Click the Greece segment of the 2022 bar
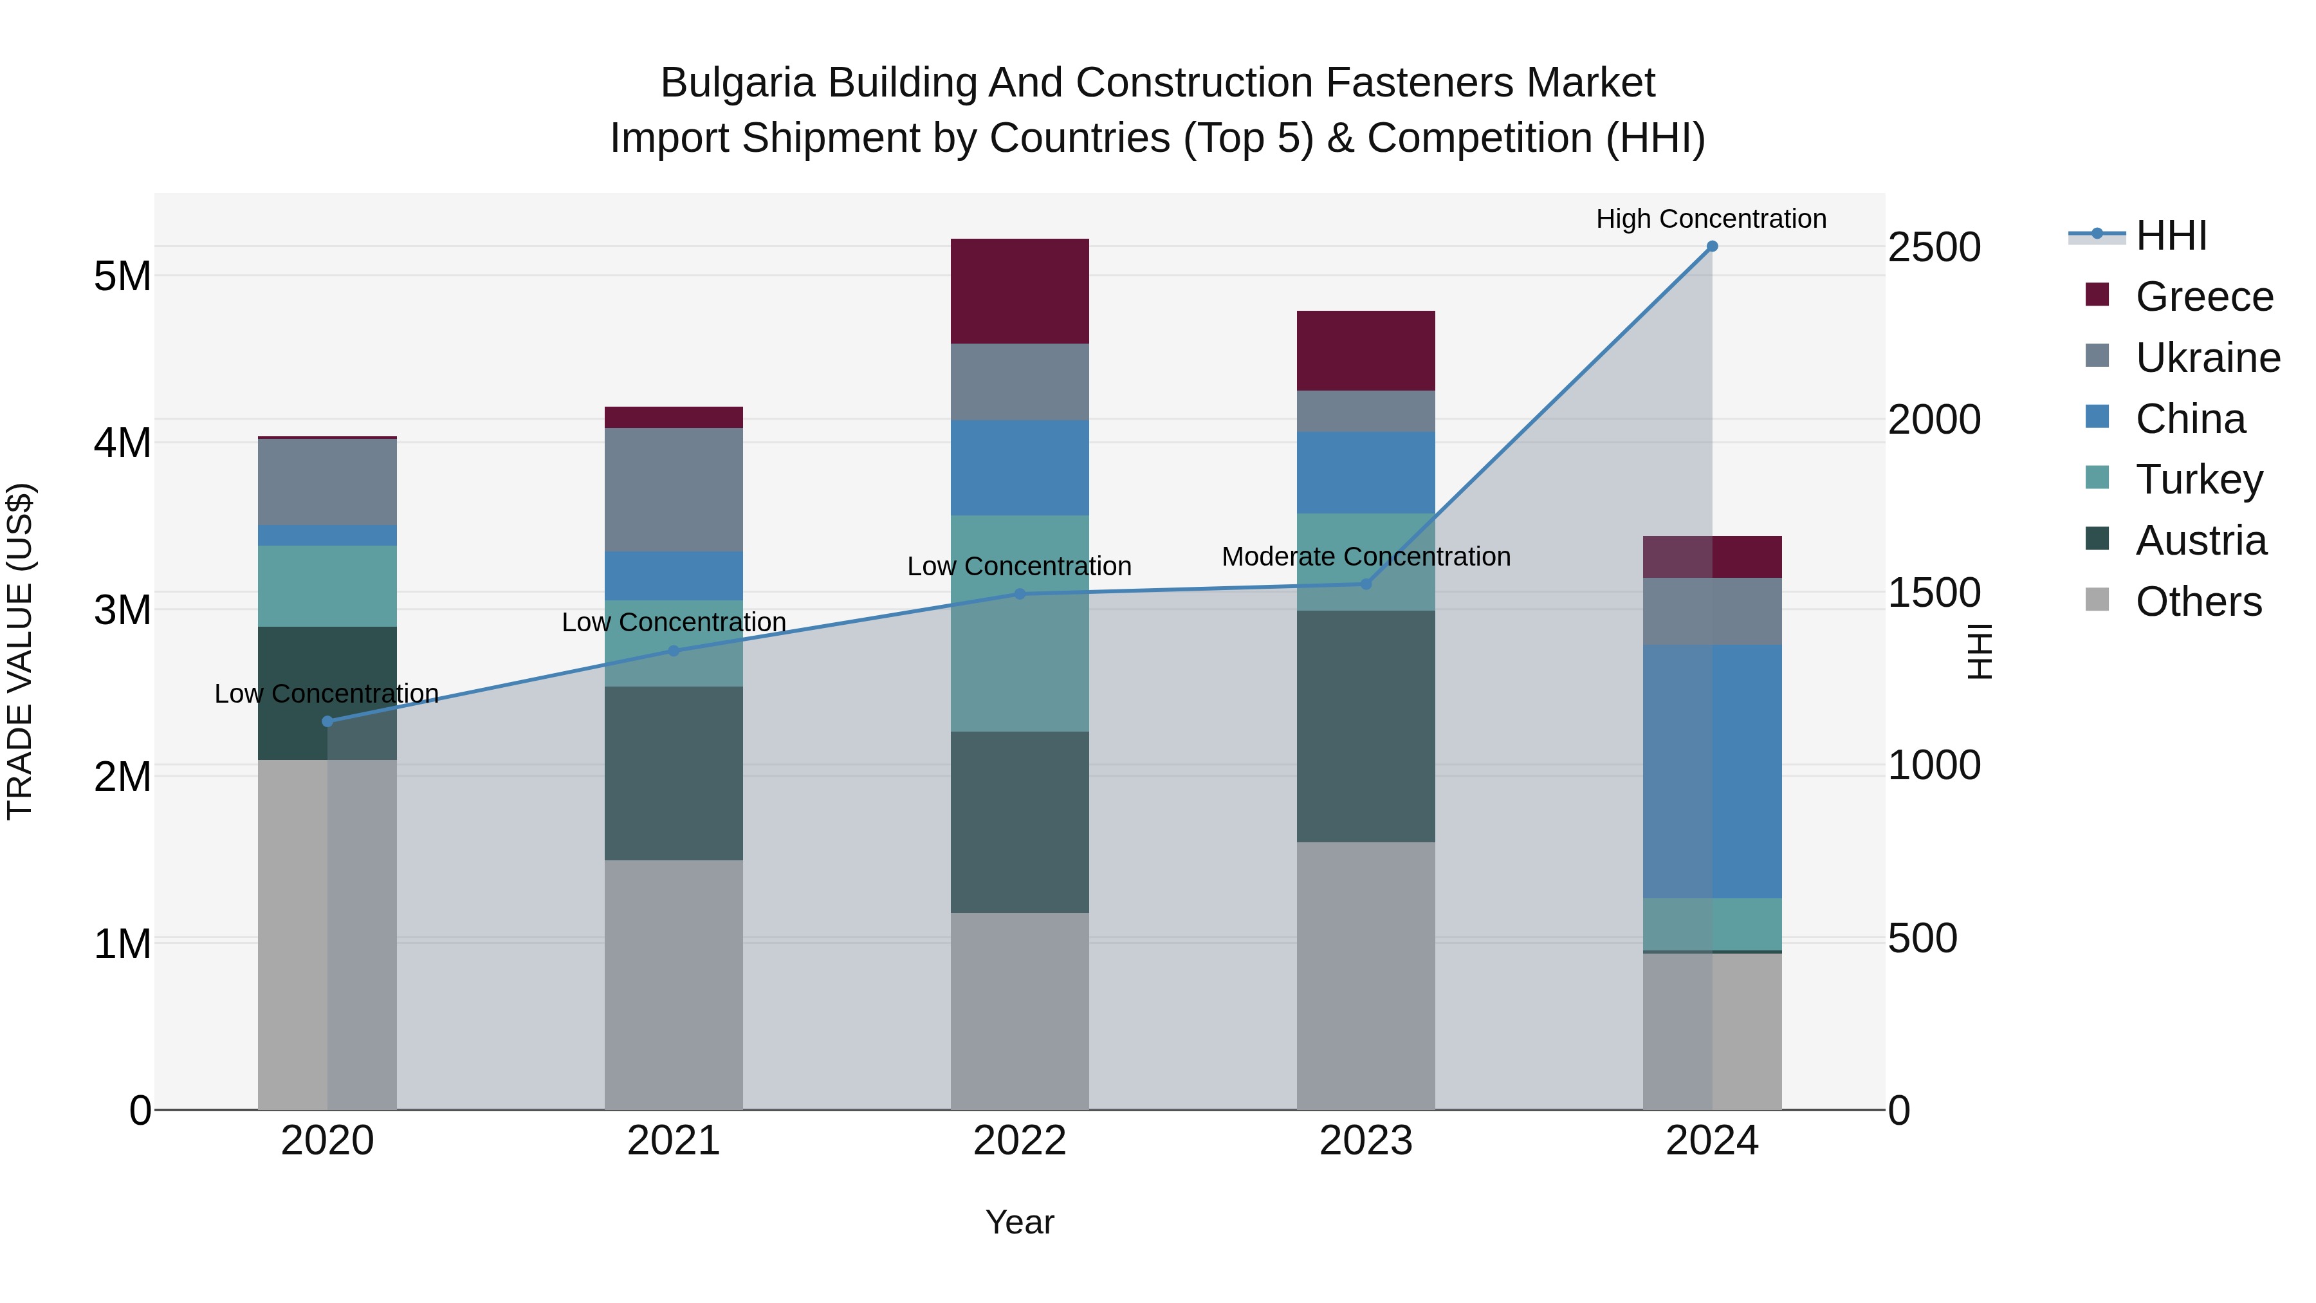(x=1020, y=290)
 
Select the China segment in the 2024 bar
(x=1712, y=771)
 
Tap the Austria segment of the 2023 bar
(x=1366, y=726)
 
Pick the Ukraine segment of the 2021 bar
(x=674, y=489)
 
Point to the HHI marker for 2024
(x=1712, y=246)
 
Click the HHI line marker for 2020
(x=327, y=721)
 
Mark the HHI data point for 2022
(x=1020, y=593)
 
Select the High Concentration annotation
(x=1711, y=219)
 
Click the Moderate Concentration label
(x=1366, y=557)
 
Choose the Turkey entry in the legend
(x=2199, y=479)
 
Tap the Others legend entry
(x=2198, y=602)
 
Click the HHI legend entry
(x=2171, y=236)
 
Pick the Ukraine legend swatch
(x=2097, y=356)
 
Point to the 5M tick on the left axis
(x=122, y=276)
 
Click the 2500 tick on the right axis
(x=1934, y=247)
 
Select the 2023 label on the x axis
(x=1366, y=1141)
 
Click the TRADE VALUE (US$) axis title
(x=20, y=651)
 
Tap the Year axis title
(x=1020, y=1222)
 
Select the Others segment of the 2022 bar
(x=1020, y=1011)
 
